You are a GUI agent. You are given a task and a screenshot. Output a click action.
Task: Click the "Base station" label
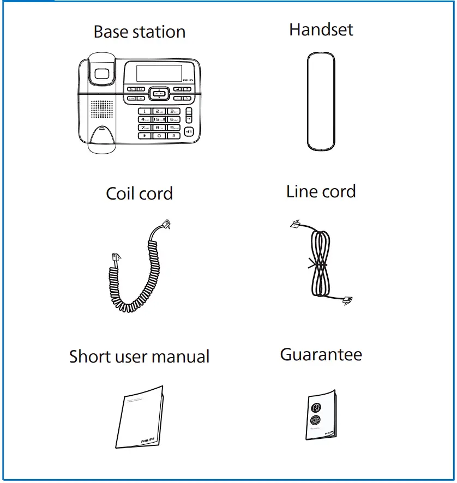click(140, 32)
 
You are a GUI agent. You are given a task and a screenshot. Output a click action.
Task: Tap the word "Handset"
click(321, 29)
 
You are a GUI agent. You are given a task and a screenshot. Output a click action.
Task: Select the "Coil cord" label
click(139, 194)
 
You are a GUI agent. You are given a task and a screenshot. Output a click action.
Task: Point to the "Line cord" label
click(321, 192)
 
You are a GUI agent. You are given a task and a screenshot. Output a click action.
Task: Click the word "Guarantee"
click(321, 355)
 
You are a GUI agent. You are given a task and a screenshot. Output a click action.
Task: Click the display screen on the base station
click(158, 74)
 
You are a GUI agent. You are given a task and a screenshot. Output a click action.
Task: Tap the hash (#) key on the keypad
click(173, 135)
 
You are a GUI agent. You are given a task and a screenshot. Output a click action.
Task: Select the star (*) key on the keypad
click(145, 135)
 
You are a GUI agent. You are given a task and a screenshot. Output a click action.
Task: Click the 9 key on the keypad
click(173, 127)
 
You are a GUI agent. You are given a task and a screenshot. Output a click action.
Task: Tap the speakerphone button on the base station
click(189, 131)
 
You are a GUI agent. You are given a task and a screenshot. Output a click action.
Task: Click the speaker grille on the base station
click(101, 108)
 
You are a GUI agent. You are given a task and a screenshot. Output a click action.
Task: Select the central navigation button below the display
click(159, 94)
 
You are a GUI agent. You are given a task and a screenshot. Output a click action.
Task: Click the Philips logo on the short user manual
click(147, 439)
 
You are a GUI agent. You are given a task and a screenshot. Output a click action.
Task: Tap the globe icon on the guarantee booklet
click(316, 420)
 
